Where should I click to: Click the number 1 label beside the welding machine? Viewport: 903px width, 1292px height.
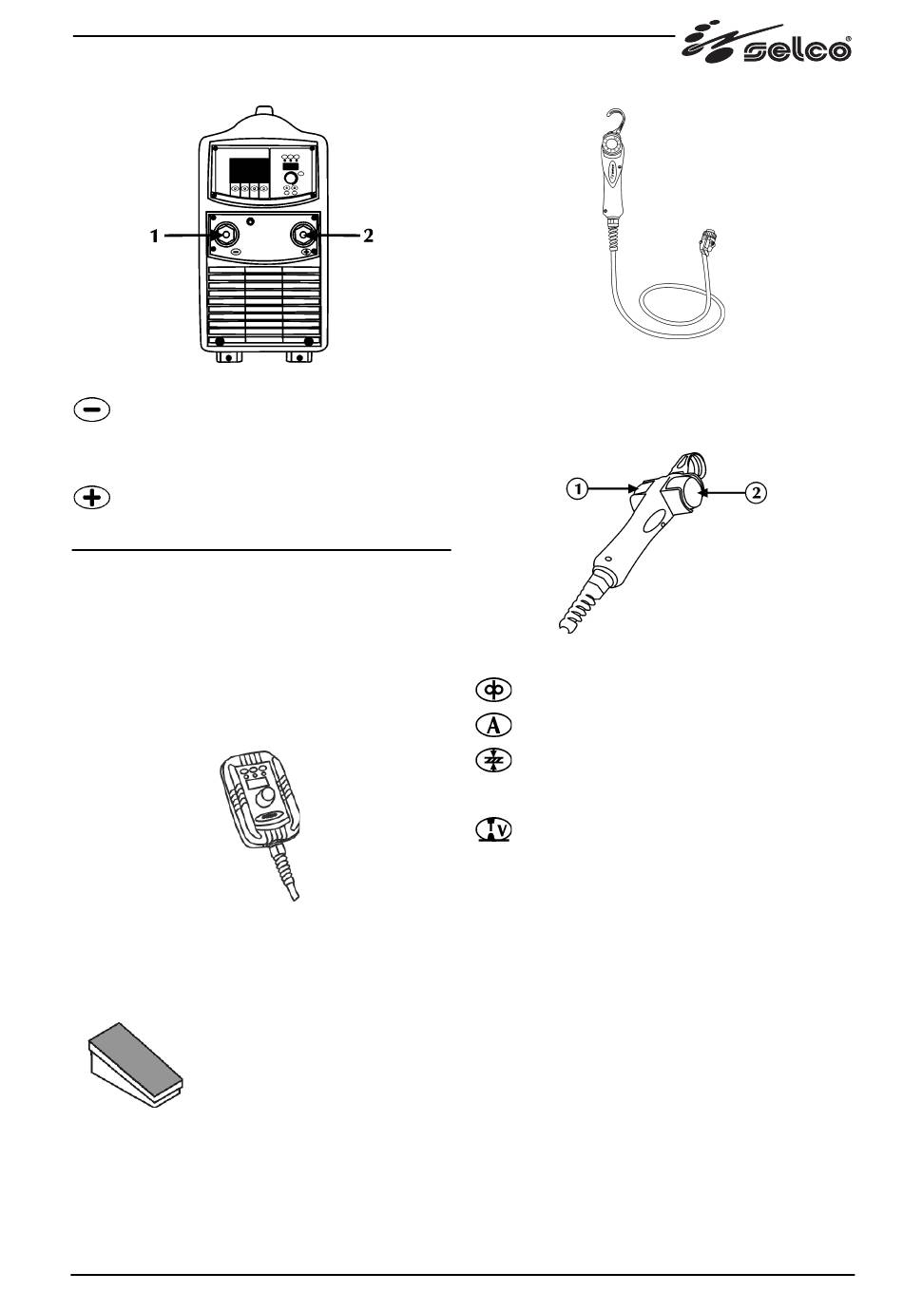pyautogui.click(x=154, y=237)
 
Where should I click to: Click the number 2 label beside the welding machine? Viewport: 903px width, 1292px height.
pyautogui.click(x=368, y=237)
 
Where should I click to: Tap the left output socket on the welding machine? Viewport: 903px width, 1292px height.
pyautogui.click(x=225, y=237)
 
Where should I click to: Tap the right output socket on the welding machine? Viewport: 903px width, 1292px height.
pyautogui.click(x=303, y=237)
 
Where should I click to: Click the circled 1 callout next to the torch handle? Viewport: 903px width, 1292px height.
pyautogui.click(x=576, y=490)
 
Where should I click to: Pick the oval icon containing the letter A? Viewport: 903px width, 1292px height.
pyautogui.click(x=492, y=726)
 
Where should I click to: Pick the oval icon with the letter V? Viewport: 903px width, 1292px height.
pyautogui.click(x=492, y=830)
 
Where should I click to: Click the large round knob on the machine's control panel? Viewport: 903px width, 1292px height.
pyautogui.click(x=291, y=178)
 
